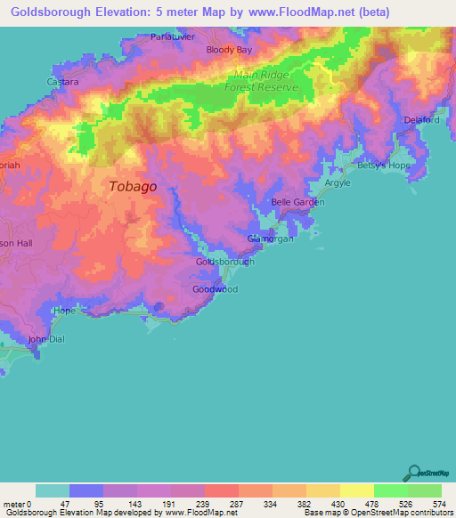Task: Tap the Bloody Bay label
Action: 227,50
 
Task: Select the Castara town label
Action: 63,81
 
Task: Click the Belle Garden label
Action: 297,202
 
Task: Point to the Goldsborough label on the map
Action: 224,262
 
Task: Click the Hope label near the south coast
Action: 65,311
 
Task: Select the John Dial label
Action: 46,339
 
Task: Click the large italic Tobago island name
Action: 134,187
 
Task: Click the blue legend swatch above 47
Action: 86,490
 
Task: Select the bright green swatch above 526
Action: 391,490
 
